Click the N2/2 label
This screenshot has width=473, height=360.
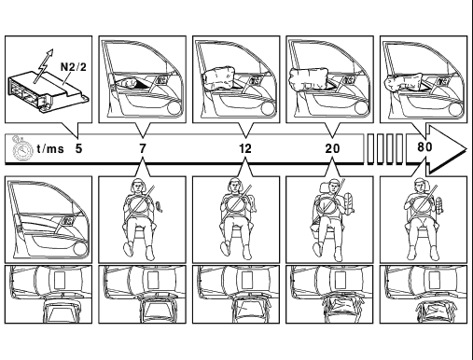click(73, 67)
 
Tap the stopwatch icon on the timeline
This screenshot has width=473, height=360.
click(22, 149)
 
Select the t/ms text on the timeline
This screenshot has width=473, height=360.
click(50, 148)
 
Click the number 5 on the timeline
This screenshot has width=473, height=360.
click(79, 148)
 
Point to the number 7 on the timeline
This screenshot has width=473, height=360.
click(143, 148)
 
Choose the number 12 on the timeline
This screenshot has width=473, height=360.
click(245, 148)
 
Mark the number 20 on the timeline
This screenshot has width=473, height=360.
click(332, 148)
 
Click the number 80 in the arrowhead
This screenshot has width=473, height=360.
click(424, 146)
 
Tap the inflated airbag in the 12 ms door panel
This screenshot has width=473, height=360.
click(218, 77)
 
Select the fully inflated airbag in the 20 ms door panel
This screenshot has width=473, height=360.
click(309, 78)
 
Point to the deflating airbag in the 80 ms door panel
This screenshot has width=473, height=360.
click(403, 82)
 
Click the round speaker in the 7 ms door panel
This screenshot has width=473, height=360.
click(174, 109)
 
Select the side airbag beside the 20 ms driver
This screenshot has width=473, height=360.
click(348, 203)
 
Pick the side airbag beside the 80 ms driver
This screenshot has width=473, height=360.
click(438, 205)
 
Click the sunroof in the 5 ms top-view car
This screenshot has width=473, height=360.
click(59, 280)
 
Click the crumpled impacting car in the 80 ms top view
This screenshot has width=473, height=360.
click(435, 312)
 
